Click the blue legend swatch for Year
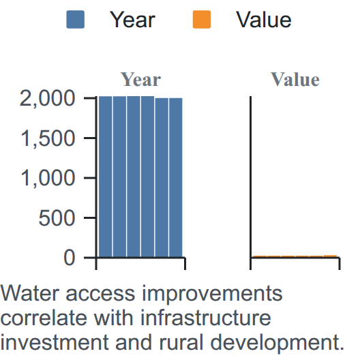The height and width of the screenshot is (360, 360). [x=75, y=20]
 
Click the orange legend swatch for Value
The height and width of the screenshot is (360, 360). [x=202, y=20]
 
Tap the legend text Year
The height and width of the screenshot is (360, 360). [x=132, y=20]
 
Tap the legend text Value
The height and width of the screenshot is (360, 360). [x=264, y=20]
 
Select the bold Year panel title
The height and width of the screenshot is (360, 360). [x=140, y=80]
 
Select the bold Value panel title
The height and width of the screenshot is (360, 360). [x=295, y=80]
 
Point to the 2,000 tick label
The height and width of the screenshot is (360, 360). [x=48, y=99]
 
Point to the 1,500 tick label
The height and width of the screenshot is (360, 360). [x=48, y=138]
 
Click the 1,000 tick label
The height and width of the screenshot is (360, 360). [x=48, y=178]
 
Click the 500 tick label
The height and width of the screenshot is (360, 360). [x=57, y=218]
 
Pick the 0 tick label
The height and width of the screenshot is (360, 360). [x=69, y=258]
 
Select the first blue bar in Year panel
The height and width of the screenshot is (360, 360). [x=106, y=177]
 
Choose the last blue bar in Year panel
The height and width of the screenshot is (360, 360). [x=176, y=177]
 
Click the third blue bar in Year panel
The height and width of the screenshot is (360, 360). [x=134, y=177]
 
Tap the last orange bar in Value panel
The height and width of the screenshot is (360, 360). [x=331, y=256]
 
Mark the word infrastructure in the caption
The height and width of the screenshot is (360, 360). [x=206, y=318]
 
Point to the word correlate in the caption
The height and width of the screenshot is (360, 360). [x=44, y=318]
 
